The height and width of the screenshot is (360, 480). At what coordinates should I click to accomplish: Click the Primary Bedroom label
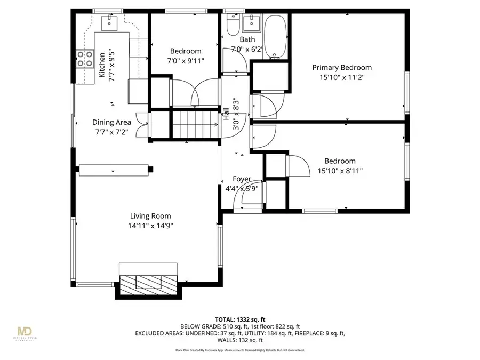342,68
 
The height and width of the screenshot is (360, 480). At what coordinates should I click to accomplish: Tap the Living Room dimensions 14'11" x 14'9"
150,226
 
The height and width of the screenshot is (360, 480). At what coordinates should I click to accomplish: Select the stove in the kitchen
83,59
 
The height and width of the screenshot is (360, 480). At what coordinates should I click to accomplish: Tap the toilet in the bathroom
233,24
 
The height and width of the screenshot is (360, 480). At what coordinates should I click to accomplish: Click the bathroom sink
250,23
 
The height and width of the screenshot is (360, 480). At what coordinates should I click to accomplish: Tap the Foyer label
242,179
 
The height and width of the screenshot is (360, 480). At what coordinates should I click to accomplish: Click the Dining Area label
111,122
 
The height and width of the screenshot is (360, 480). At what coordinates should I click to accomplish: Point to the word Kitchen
102,66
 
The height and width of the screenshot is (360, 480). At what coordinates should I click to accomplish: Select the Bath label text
247,39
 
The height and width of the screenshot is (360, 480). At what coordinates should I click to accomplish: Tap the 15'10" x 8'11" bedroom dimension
340,171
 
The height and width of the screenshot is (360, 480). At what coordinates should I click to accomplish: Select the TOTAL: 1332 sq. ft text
240,318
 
